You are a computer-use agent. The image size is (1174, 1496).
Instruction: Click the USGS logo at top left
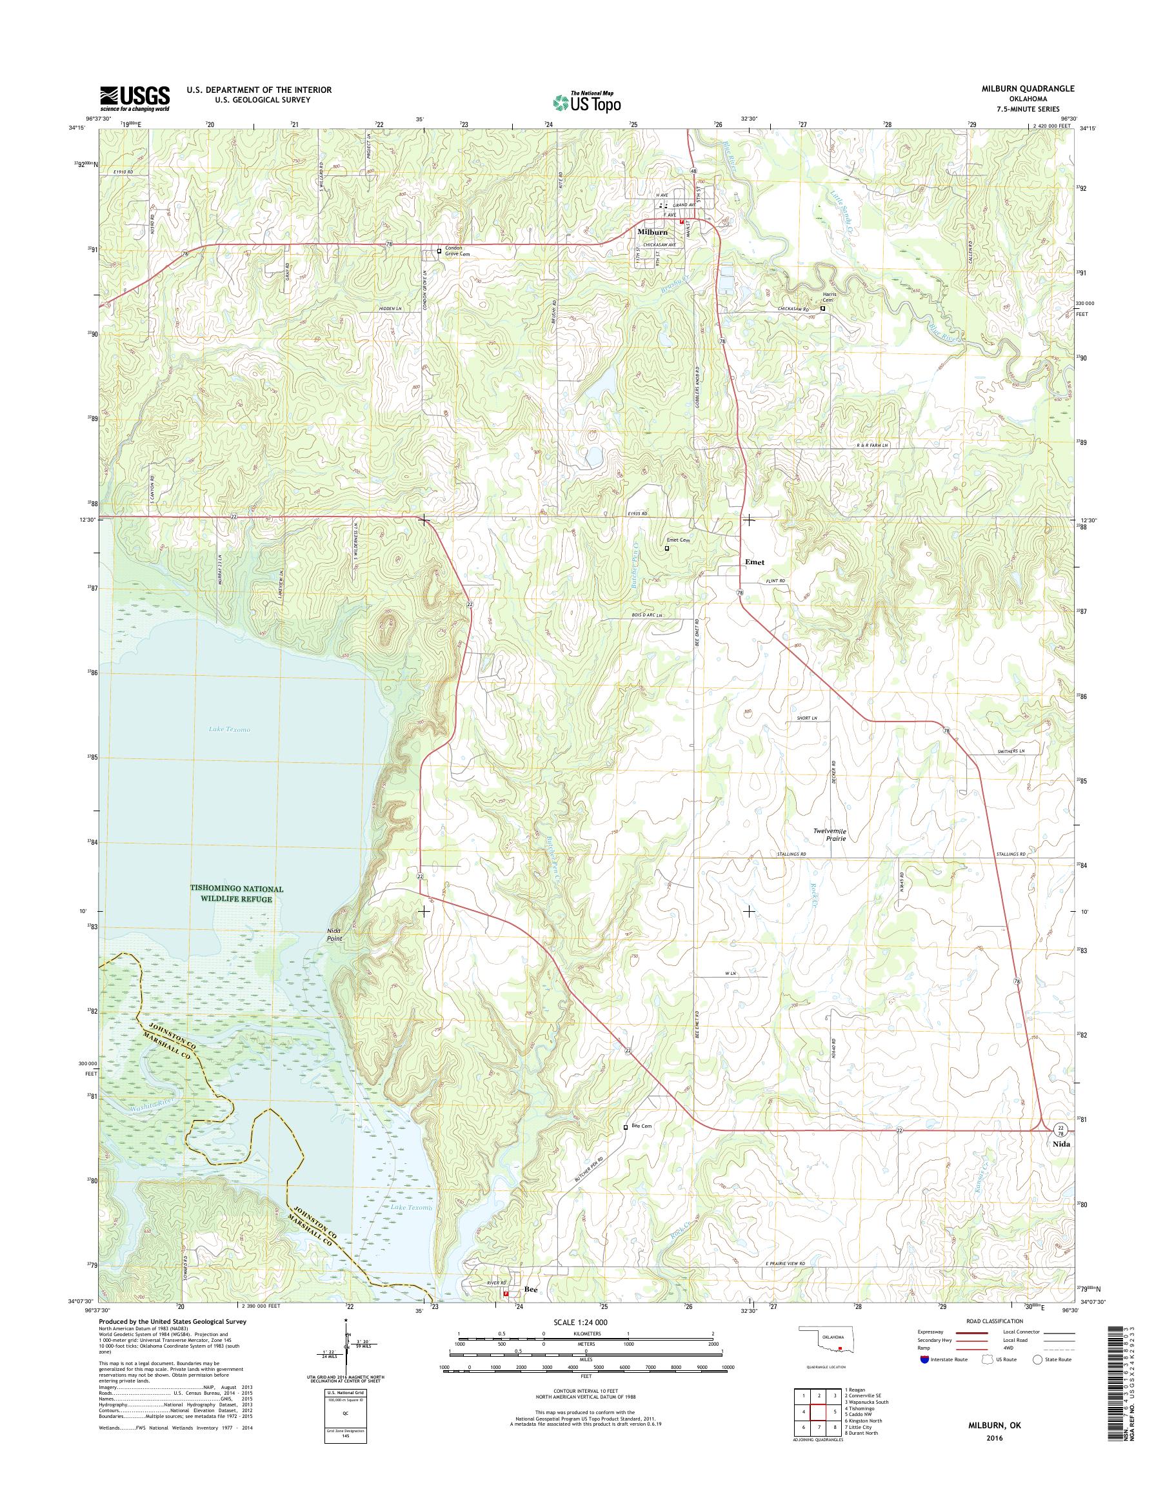tap(135, 98)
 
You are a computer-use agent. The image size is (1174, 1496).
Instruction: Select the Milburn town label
tap(652, 232)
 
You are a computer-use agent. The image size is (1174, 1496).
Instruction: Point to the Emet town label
tap(754, 562)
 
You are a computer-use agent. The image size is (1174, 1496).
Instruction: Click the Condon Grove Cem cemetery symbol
tap(439, 251)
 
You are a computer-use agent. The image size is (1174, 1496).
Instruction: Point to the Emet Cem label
tap(678, 540)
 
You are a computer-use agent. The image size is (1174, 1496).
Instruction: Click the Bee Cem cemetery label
tap(641, 1127)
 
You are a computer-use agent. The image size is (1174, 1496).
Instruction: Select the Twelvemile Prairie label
tap(830, 835)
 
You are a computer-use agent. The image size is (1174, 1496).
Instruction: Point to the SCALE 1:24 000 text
tap(580, 1322)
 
